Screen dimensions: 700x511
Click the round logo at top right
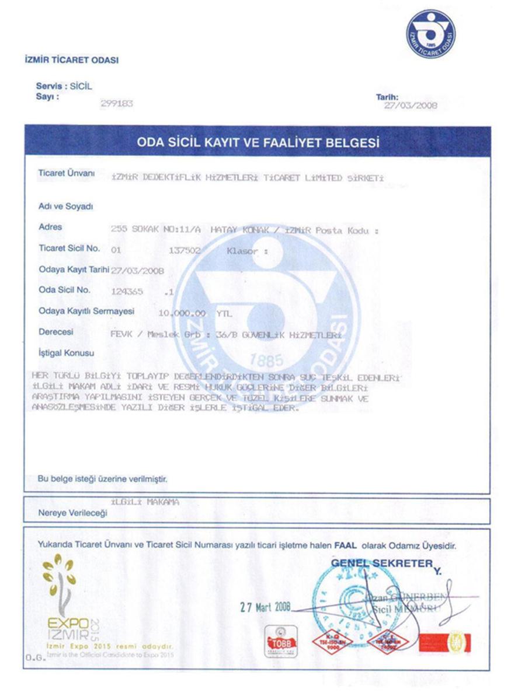tap(431, 34)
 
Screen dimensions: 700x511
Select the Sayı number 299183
tap(117, 103)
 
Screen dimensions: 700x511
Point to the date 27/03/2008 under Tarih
tap(411, 106)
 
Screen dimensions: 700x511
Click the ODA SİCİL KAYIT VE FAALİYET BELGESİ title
tap(258, 142)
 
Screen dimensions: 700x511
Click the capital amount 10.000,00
tap(183, 313)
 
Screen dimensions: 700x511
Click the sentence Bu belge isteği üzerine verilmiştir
tap(103, 479)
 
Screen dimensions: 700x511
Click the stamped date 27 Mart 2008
tap(265, 607)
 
